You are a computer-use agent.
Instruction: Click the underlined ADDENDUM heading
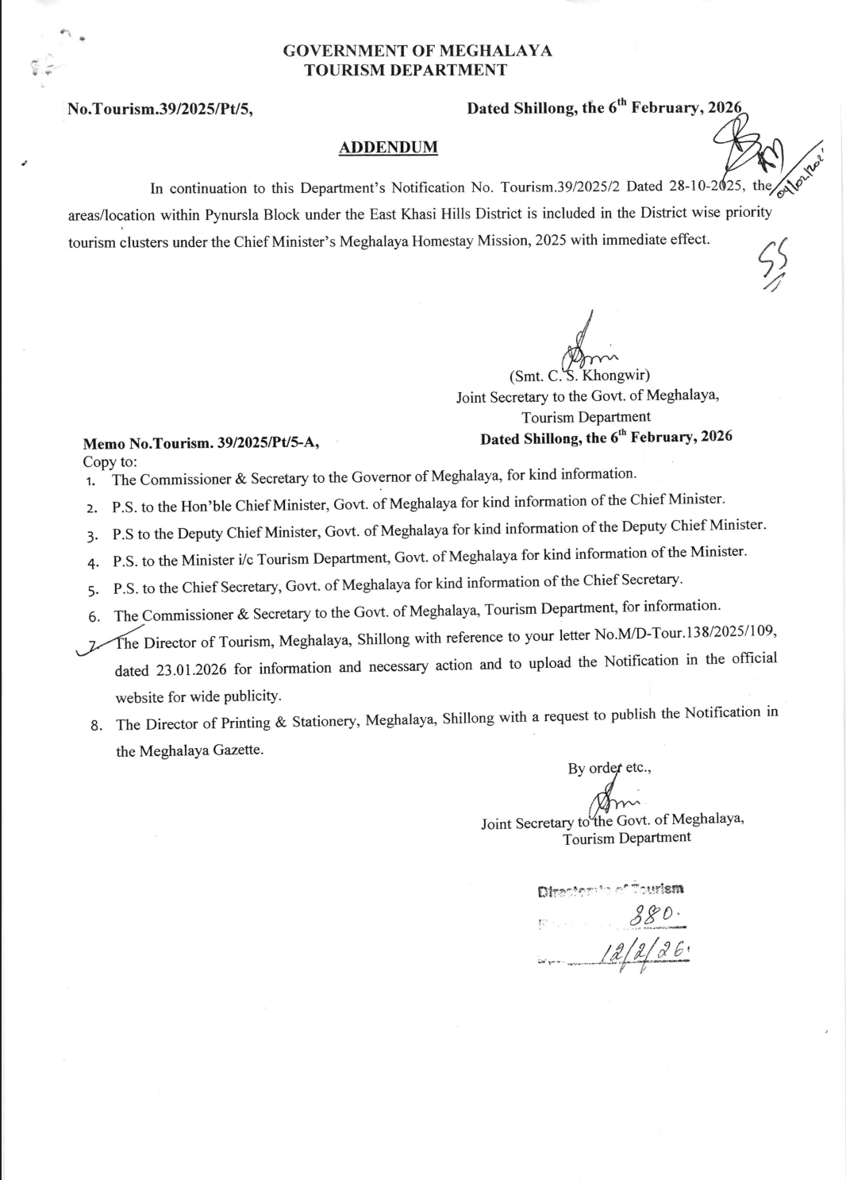click(x=388, y=147)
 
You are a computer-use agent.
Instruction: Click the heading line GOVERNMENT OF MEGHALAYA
click(x=417, y=51)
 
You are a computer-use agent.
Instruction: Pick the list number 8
click(x=96, y=725)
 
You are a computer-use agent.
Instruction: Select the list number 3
click(x=92, y=534)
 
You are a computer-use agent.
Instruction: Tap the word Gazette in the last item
click(x=237, y=749)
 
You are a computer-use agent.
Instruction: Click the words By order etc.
click(x=609, y=768)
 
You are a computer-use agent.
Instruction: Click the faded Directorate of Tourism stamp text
click(x=612, y=889)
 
